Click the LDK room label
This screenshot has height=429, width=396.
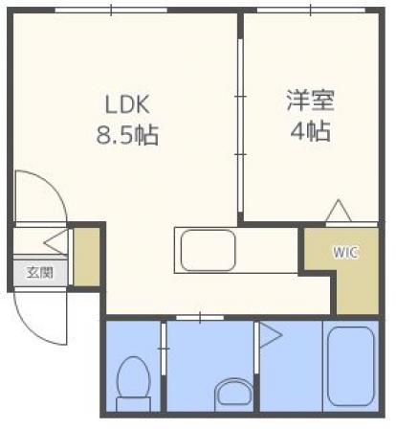coord(127,104)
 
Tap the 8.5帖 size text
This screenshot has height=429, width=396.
coord(127,135)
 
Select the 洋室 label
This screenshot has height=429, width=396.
coord(310,101)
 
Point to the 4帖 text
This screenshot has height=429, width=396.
coord(310,130)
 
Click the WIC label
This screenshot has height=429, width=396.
coord(346,253)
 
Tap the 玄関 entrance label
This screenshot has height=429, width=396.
coord(40,273)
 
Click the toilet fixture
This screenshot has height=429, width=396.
coord(133,384)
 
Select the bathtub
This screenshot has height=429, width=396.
coord(350,366)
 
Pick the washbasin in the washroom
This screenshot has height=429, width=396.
coord(233,395)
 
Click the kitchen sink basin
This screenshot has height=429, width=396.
coord(209,251)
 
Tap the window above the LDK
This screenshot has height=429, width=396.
coord(111,11)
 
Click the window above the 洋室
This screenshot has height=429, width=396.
coord(311,11)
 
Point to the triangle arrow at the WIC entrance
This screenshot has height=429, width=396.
coord(339,211)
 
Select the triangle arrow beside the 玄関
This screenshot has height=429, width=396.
coord(55,242)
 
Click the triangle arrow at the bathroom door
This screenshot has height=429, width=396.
coord(271,335)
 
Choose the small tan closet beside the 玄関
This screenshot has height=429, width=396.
coord(86,257)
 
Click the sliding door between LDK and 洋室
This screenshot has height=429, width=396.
coord(241,125)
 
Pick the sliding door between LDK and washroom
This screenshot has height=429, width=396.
coord(200,318)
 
